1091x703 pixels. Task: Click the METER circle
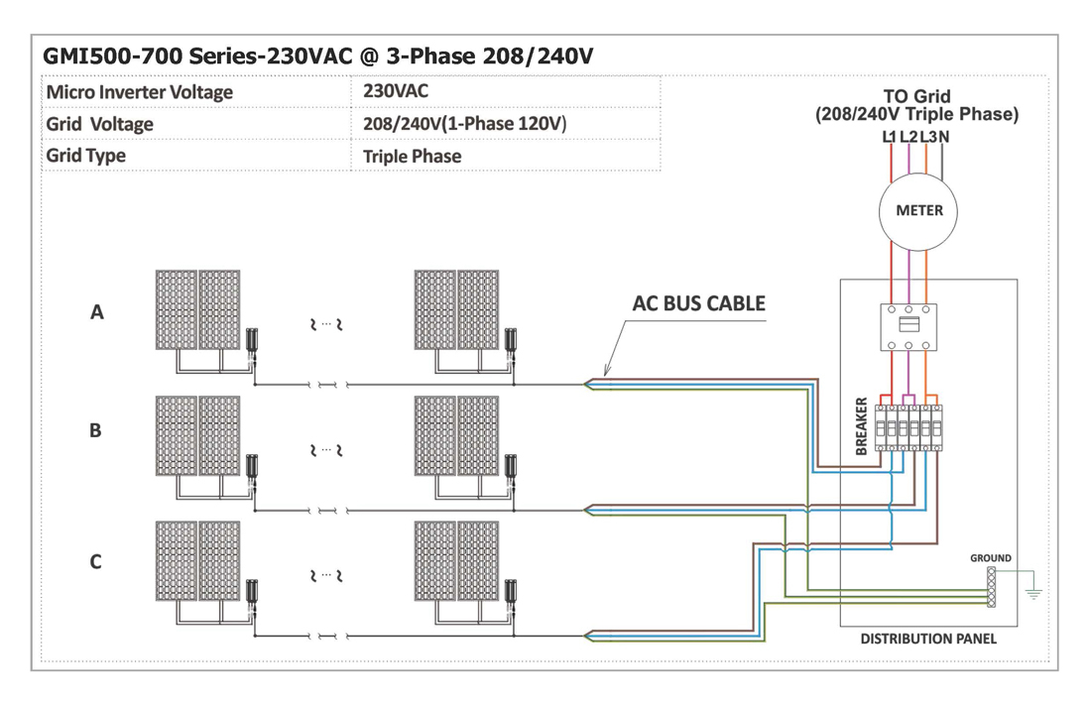[918, 211]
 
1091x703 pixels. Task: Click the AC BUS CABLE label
[699, 303]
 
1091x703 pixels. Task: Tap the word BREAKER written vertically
[861, 425]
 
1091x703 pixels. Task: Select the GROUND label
[990, 558]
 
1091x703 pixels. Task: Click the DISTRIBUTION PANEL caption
[927, 640]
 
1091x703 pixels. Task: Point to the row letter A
[97, 312]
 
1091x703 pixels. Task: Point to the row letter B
[95, 431]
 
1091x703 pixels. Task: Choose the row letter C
[95, 562]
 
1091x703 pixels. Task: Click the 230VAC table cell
[396, 91]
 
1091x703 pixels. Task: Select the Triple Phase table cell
[412, 157]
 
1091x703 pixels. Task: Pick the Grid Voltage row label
[100, 125]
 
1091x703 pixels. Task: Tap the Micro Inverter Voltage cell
[140, 92]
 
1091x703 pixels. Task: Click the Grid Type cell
[86, 157]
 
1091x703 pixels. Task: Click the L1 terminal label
[890, 137]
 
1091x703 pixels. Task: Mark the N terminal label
[944, 137]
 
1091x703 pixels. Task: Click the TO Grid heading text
[916, 97]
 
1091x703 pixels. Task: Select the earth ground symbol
[1033, 592]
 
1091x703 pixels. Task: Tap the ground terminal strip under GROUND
[991, 586]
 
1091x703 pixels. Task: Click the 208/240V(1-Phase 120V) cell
[464, 125]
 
